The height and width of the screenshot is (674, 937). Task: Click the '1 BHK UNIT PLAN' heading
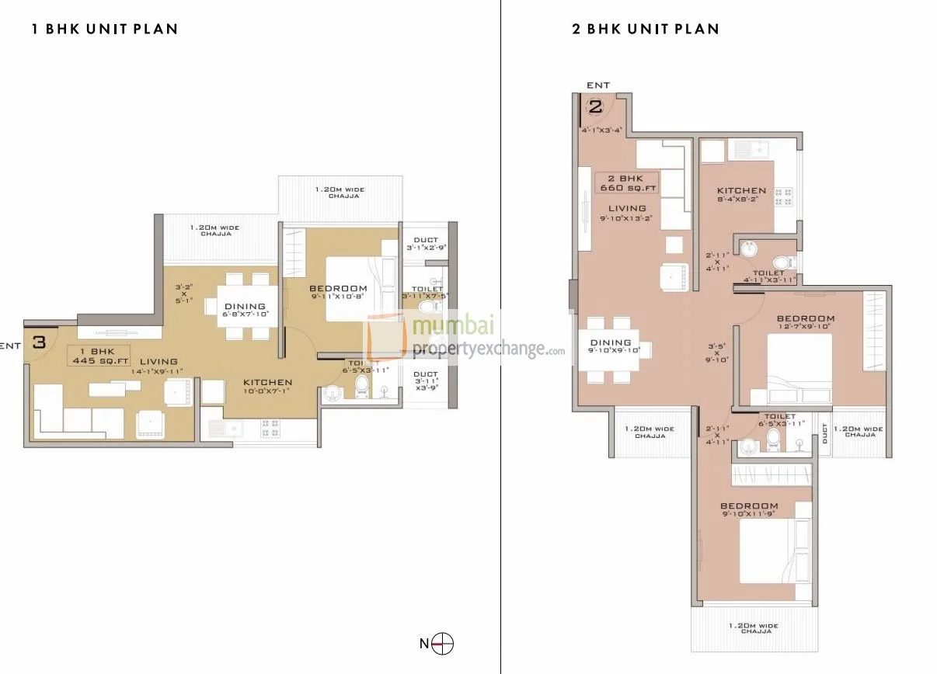pos(105,30)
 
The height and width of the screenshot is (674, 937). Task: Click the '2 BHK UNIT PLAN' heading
pos(645,30)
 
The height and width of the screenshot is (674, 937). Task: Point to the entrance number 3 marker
pos(40,341)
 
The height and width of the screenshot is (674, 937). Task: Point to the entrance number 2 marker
pos(595,107)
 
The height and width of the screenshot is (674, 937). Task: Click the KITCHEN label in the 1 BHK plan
pos(267,382)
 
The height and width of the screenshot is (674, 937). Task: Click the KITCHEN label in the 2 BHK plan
pos(741,190)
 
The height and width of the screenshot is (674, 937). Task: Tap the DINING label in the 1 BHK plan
pos(245,306)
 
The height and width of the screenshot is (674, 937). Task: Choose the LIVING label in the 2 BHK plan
pos(627,208)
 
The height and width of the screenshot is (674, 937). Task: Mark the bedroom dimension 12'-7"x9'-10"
pos(806,327)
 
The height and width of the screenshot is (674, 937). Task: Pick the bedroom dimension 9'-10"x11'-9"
pos(749,515)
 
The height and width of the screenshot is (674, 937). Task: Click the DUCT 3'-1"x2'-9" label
pos(426,248)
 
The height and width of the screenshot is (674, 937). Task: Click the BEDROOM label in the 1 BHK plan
pos(338,289)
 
